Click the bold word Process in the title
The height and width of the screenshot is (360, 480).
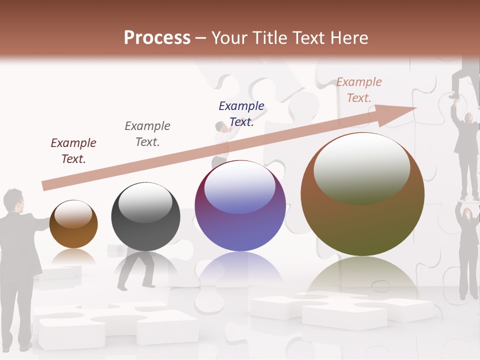[157, 38]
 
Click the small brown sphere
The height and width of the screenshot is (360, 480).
[73, 224]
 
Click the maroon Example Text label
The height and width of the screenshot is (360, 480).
[73, 151]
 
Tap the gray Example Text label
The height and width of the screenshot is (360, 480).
[147, 134]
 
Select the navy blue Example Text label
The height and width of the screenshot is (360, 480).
[241, 114]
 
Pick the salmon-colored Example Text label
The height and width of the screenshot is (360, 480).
[359, 90]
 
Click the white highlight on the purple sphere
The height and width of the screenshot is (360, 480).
[240, 187]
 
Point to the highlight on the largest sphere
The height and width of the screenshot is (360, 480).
[361, 167]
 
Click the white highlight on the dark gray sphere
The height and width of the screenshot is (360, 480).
[145, 202]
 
